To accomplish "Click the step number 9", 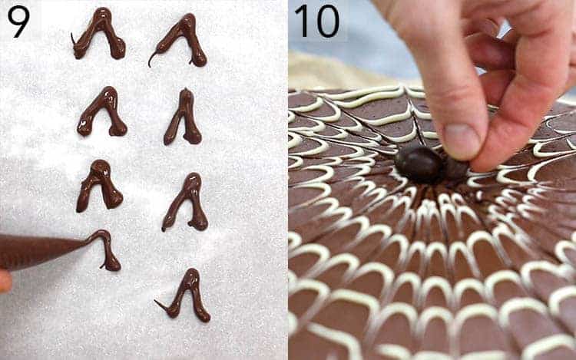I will pos(18,21).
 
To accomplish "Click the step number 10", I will pos(316,21).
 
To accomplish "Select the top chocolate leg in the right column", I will pos(182,38).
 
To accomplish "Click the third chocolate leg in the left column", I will pos(100,184).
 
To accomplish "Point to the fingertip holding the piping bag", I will pos(4,281).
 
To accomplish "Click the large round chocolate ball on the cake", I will pos(419,163).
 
